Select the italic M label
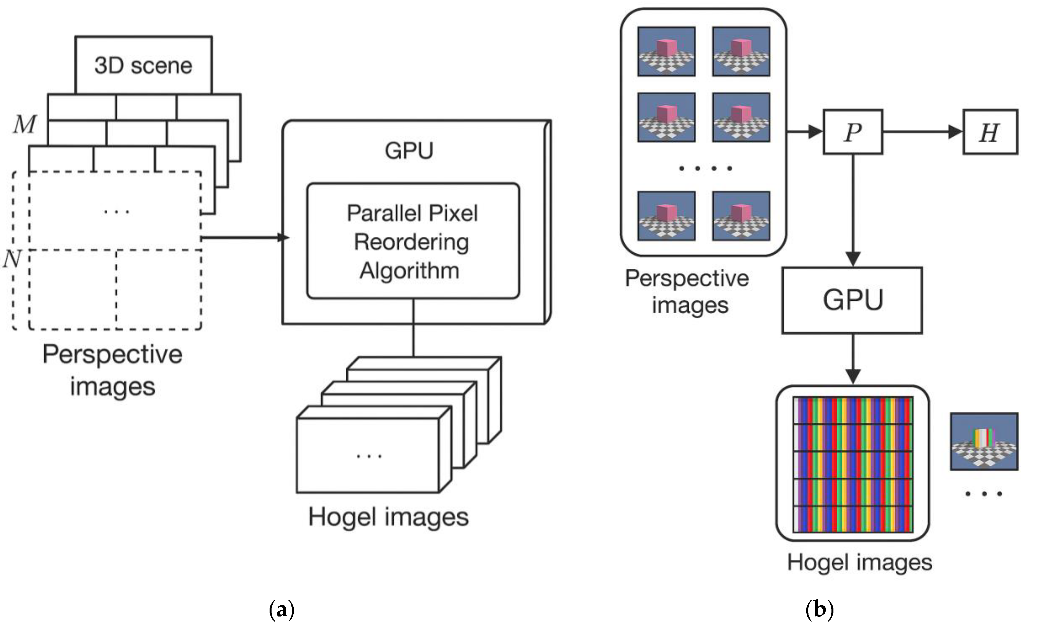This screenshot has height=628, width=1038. (24, 124)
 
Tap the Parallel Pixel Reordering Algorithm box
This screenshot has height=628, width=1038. (413, 241)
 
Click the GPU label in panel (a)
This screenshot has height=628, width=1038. (409, 150)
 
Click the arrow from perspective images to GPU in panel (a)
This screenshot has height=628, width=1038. (244, 238)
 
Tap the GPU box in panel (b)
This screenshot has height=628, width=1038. (852, 300)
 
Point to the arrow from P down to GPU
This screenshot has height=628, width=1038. (853, 211)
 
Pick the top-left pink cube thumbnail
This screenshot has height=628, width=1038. (666, 51)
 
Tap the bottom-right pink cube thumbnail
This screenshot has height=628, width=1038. (741, 216)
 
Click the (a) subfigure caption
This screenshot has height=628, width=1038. (281, 610)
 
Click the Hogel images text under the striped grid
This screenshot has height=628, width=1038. (859, 562)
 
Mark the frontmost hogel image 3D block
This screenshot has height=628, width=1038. (369, 455)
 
